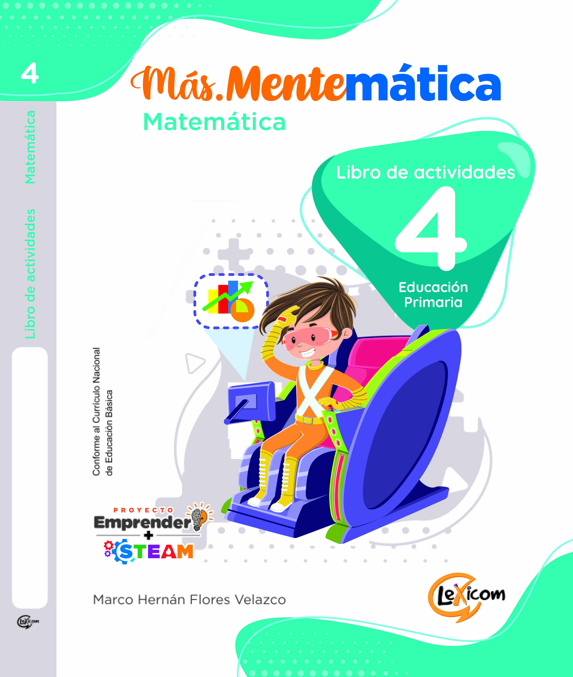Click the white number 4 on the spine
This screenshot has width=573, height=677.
(30, 74)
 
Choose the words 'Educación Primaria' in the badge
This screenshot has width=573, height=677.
(433, 295)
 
